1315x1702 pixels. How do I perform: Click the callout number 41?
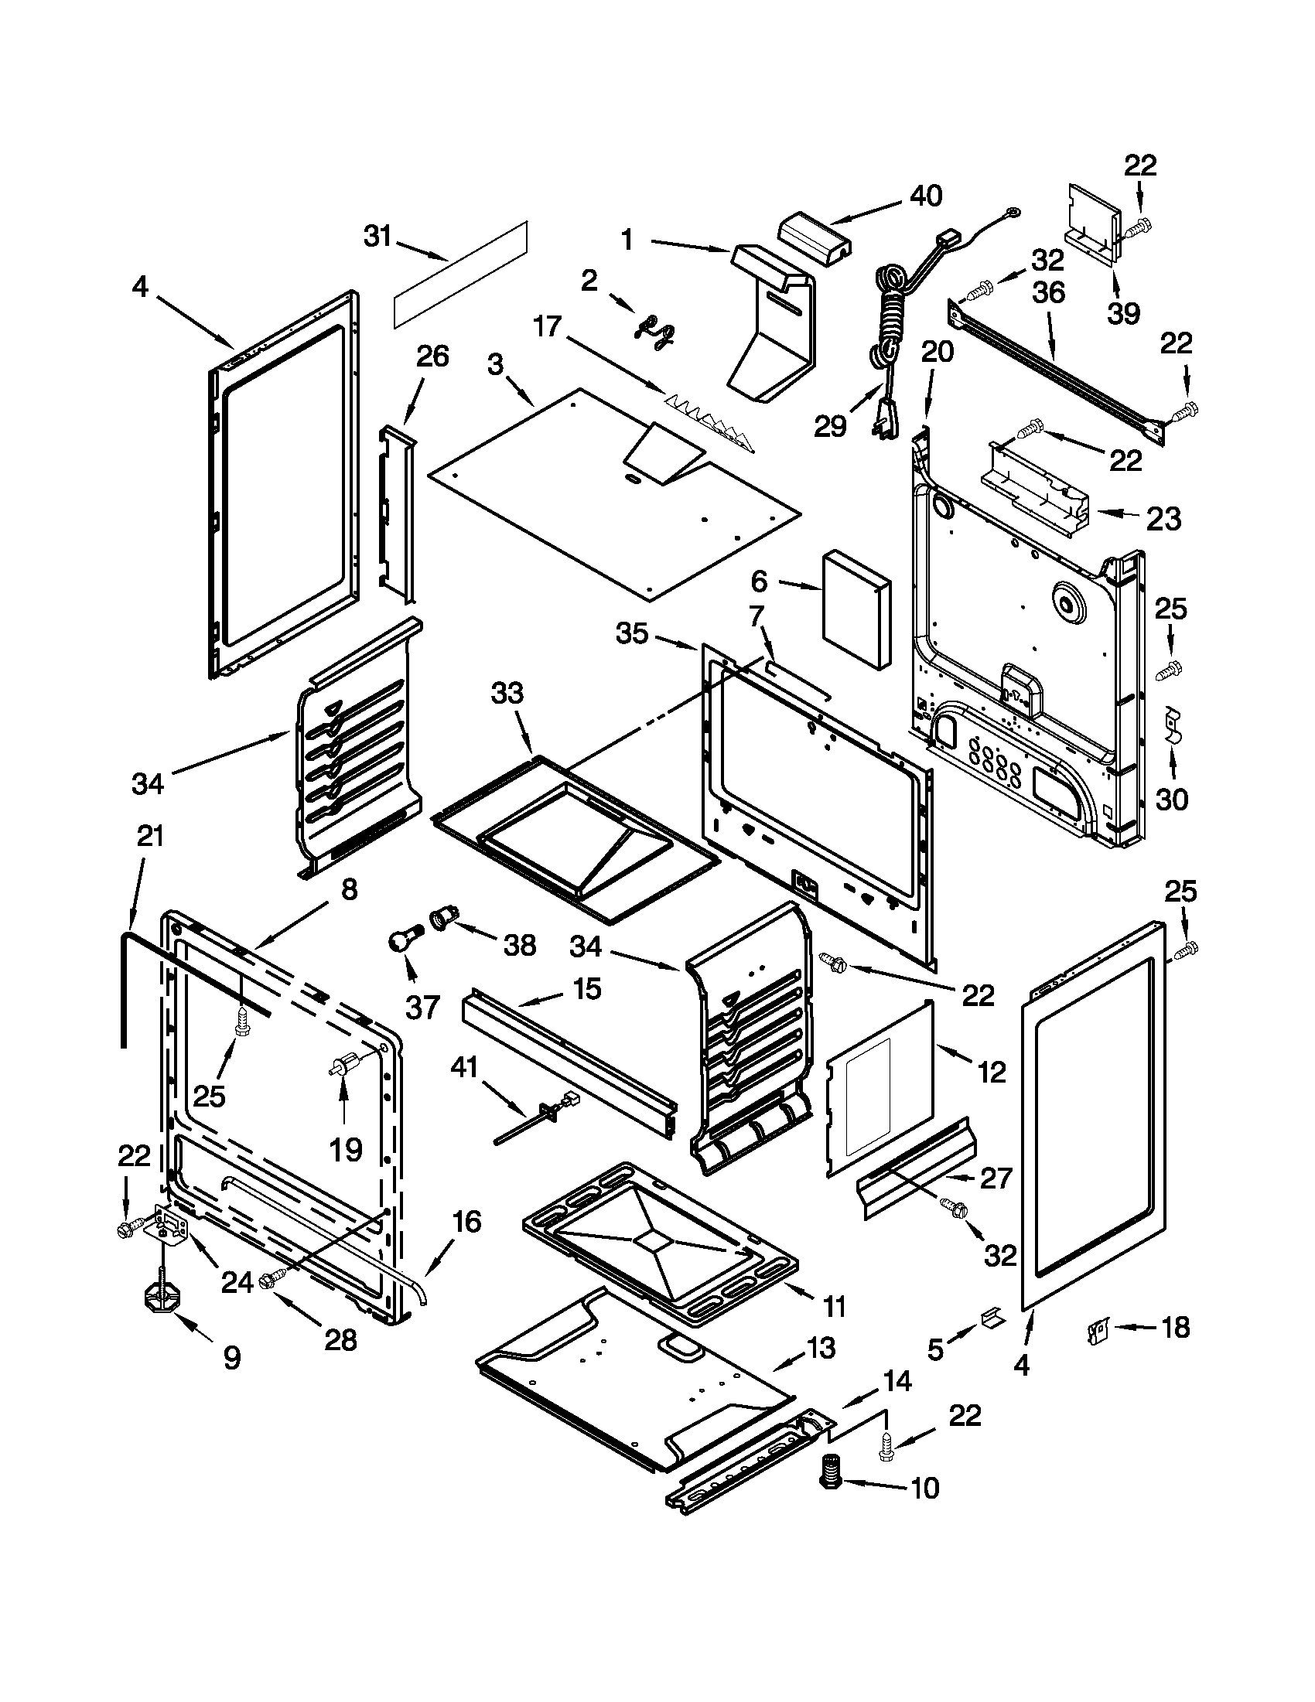tap(464, 1068)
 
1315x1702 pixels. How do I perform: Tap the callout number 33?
tap(507, 693)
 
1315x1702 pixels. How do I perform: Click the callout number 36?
tap(1048, 293)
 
